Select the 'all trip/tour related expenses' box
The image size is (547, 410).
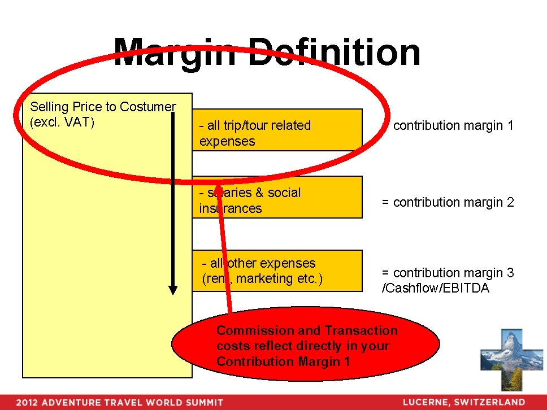(277, 130)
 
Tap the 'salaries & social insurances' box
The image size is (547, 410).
(277, 198)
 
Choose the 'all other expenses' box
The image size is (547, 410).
(277, 271)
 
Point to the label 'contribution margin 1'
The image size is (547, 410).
(453, 126)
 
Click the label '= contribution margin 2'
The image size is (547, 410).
(448, 202)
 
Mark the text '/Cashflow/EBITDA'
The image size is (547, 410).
(436, 289)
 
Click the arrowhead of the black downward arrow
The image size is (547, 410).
(173, 289)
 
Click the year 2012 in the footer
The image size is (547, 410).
(27, 403)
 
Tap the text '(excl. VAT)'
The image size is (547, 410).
(62, 123)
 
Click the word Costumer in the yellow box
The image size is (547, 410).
(147, 107)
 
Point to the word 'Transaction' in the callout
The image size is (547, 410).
(362, 330)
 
